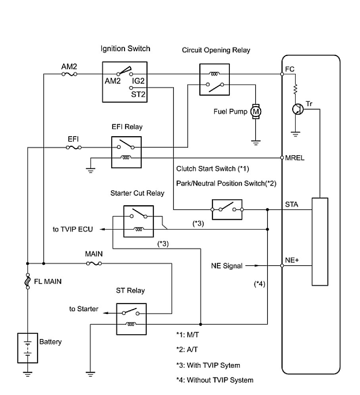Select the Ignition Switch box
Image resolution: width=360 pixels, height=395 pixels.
(x=125, y=81)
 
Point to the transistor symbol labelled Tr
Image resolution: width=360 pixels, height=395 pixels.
(x=296, y=109)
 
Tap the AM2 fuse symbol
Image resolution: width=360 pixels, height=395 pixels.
(x=69, y=74)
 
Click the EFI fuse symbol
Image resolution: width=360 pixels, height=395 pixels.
(x=74, y=147)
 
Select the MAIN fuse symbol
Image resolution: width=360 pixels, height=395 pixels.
(x=94, y=263)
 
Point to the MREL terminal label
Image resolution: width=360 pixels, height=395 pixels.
(x=295, y=158)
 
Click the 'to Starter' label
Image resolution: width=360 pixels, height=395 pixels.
(x=84, y=309)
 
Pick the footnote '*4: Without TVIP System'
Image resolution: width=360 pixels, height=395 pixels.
(x=214, y=380)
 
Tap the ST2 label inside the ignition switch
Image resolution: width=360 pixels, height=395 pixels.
(x=138, y=94)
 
